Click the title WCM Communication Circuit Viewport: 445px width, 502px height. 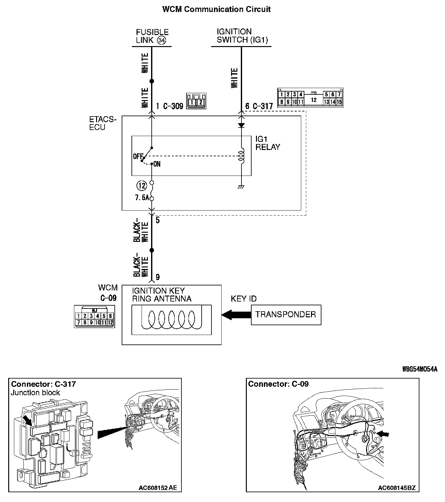tap(216, 9)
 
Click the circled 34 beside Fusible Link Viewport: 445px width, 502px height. tap(162, 40)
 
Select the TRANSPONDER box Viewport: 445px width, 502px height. tap(286, 314)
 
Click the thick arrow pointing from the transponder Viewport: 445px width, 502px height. tap(236, 314)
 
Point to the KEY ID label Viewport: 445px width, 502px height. tap(243, 299)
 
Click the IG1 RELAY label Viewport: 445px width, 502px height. tap(267, 143)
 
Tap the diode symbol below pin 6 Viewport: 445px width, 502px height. tap(241, 125)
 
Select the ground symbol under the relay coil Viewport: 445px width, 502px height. tap(241, 187)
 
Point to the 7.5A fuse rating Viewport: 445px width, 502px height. tap(142, 198)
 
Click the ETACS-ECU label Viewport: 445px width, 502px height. tap(103, 123)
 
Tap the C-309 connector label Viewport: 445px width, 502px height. tap(173, 106)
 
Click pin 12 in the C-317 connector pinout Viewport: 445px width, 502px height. tap(313, 100)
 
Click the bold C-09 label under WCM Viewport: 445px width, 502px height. tap(108, 298)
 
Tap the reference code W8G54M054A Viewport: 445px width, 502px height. tap(420, 369)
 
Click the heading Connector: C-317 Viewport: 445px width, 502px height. tap(43, 384)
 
